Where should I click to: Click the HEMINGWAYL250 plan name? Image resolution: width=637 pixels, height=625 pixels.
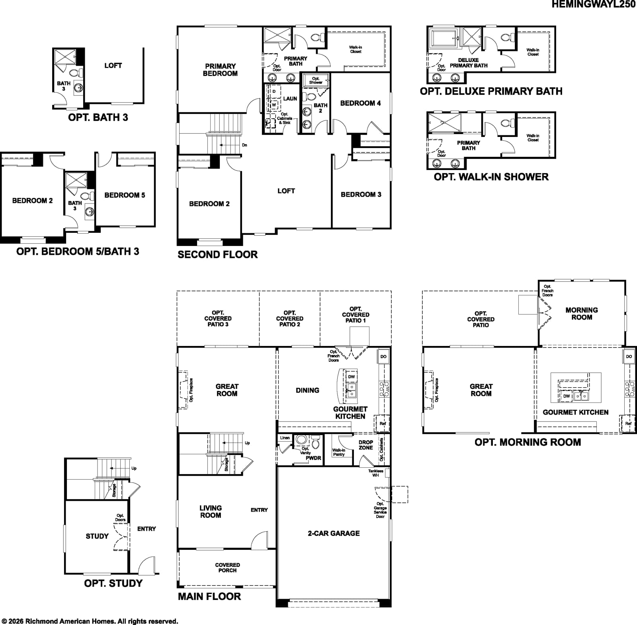click(x=594, y=4)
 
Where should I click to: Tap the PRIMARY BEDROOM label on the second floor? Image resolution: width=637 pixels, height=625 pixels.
click(x=220, y=70)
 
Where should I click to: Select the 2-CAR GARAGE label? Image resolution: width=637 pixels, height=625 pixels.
click(x=334, y=533)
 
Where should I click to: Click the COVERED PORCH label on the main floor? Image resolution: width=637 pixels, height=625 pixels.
click(x=227, y=567)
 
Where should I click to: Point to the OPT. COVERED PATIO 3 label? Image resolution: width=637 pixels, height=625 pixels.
click(x=218, y=318)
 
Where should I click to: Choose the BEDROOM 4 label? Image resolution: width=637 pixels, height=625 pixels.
click(x=360, y=103)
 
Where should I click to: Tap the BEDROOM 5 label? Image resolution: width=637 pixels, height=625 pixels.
click(x=125, y=195)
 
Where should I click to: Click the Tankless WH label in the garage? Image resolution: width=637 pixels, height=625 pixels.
click(x=375, y=473)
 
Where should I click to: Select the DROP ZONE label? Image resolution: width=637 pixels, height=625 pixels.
click(x=365, y=445)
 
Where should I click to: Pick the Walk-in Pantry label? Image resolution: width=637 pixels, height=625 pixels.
click(x=339, y=452)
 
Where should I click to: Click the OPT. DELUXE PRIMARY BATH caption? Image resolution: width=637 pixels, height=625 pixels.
click(x=491, y=91)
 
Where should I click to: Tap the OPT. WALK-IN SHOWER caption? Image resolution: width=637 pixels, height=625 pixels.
click(x=491, y=177)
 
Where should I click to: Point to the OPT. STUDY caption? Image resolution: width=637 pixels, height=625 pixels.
click(x=113, y=583)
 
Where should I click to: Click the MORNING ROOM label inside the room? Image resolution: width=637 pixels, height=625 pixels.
click(x=582, y=314)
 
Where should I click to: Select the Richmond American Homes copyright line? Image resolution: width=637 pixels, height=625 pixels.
click(x=90, y=621)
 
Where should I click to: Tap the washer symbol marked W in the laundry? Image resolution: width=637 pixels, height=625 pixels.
click(x=274, y=105)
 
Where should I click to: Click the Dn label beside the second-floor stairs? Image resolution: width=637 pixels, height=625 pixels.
click(x=244, y=145)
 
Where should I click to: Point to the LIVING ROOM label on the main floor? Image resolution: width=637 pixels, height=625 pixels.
click(x=211, y=512)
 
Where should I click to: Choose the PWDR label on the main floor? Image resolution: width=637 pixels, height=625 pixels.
click(x=313, y=458)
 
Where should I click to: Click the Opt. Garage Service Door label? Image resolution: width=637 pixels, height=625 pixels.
click(x=380, y=510)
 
